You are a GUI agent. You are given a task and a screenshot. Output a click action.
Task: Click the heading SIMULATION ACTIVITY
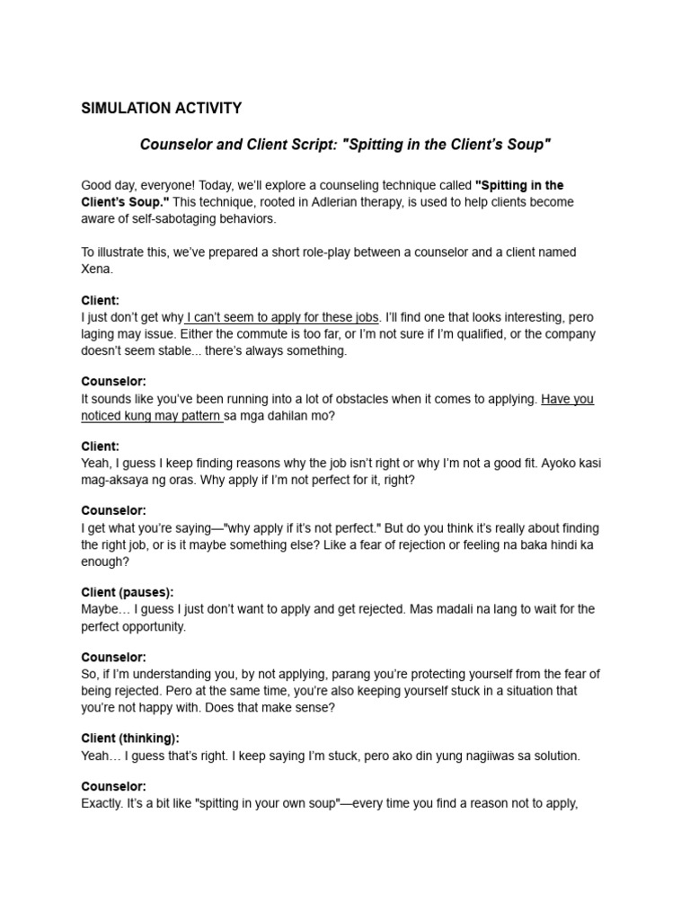162,109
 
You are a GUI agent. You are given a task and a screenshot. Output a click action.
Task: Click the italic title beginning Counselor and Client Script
345,144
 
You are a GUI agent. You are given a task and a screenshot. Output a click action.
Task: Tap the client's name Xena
96,269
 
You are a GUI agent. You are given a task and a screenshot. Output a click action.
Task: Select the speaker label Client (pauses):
127,592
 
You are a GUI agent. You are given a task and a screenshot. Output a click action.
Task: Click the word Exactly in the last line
102,803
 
